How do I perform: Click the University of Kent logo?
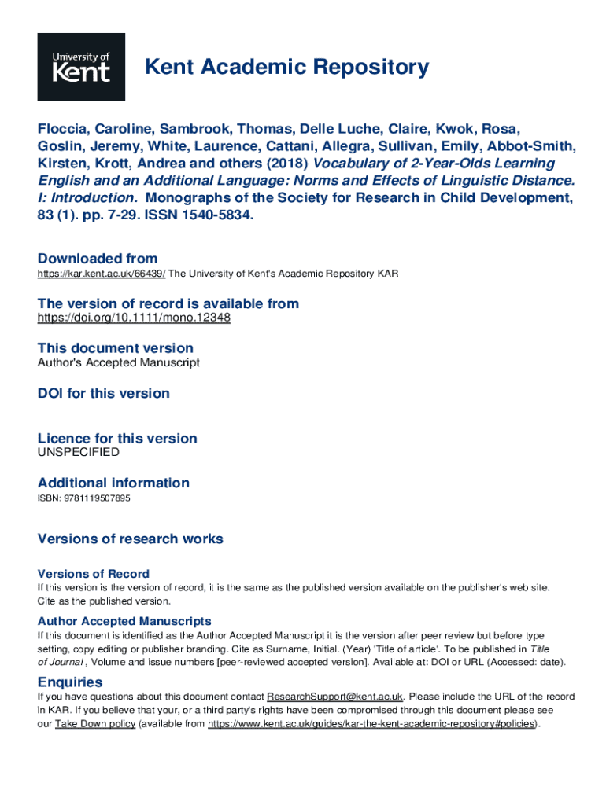[x=81, y=67]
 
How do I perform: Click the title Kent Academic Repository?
[x=286, y=68]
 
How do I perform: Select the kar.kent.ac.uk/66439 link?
[x=102, y=274]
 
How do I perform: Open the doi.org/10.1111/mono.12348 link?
[x=134, y=318]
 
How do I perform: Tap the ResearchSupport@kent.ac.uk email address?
[x=335, y=697]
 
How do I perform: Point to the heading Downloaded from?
[x=98, y=259]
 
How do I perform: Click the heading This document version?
[x=115, y=348]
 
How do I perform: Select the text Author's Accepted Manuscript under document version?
[x=119, y=363]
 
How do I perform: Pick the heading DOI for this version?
[x=103, y=393]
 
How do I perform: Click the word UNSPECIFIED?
[x=79, y=453]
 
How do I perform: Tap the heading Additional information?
[x=113, y=483]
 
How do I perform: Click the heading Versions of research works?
[x=130, y=539]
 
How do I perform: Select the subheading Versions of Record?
[x=93, y=574]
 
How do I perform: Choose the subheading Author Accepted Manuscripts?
[x=124, y=621]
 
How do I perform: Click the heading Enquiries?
[x=70, y=682]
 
